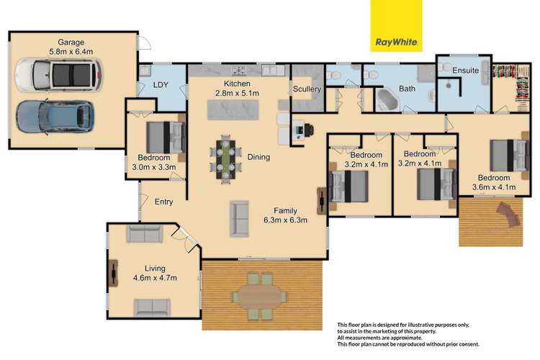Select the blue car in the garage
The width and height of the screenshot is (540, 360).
(x=54, y=116)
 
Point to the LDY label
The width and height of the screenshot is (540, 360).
(x=160, y=85)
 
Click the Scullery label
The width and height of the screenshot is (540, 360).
(x=306, y=89)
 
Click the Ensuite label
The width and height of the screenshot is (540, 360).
(x=465, y=71)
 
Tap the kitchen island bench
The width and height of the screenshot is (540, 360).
(x=237, y=110)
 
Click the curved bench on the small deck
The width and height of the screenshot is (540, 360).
(x=508, y=212)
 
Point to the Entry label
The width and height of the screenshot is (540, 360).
(x=163, y=202)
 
